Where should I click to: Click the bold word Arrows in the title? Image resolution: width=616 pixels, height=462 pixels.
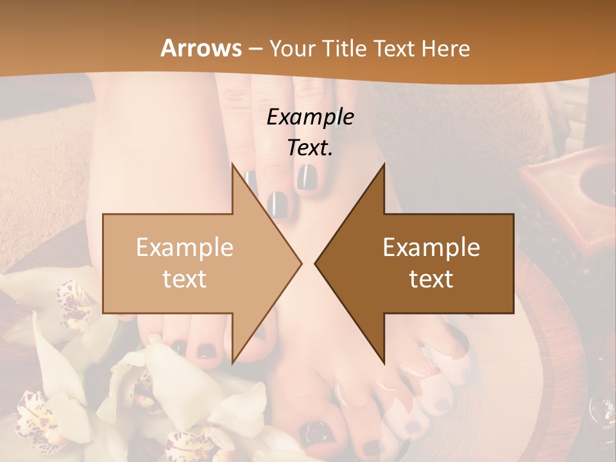201,48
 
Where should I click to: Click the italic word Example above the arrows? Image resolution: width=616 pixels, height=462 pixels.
310,117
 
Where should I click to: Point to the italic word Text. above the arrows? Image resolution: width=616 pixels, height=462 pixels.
310,148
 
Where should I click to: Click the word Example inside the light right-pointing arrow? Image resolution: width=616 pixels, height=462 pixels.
184,248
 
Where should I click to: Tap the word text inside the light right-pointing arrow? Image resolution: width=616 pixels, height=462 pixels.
184,278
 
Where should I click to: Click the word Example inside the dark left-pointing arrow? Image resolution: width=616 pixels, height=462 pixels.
431,248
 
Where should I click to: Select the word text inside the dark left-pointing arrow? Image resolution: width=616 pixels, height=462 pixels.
431,278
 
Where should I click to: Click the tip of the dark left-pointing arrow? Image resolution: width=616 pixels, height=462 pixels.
316,263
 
